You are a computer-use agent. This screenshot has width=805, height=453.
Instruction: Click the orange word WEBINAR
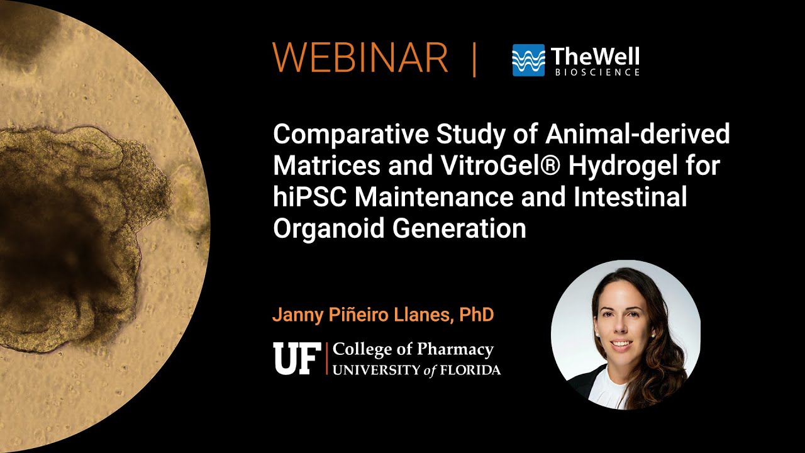(x=360, y=59)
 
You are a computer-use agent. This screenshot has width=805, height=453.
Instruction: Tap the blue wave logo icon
(x=528, y=60)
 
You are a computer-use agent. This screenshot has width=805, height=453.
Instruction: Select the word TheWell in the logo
(x=595, y=57)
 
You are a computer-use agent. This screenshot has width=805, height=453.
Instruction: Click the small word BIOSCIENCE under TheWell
(x=597, y=73)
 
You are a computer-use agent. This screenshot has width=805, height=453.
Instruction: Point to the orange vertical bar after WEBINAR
(x=474, y=59)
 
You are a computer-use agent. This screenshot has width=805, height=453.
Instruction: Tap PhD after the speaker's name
(x=477, y=315)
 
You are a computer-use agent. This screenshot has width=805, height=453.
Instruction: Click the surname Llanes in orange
(x=422, y=315)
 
